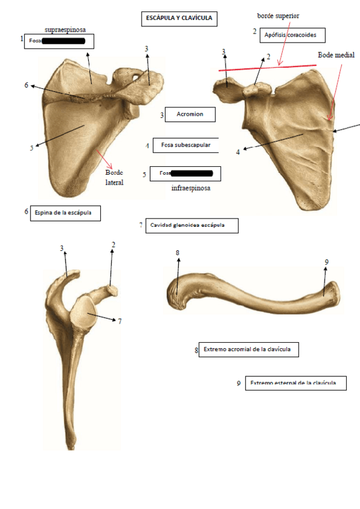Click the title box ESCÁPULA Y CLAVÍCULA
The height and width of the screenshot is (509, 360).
click(179, 19)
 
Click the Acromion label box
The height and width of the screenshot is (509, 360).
click(190, 113)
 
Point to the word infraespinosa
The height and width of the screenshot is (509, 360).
click(191, 187)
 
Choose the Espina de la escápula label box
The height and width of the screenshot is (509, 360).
click(66, 212)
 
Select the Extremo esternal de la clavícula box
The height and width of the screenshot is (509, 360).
click(295, 383)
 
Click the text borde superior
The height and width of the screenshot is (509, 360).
click(278, 14)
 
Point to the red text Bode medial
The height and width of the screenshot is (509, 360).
click(336, 55)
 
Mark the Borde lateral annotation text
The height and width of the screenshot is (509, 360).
click(115, 177)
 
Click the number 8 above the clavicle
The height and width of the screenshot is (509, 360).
click(178, 253)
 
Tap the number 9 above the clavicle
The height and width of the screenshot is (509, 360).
click(326, 262)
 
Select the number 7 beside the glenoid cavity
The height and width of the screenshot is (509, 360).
click(119, 321)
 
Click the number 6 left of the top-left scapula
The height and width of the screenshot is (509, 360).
click(26, 85)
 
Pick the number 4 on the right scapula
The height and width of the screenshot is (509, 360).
click(238, 152)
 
